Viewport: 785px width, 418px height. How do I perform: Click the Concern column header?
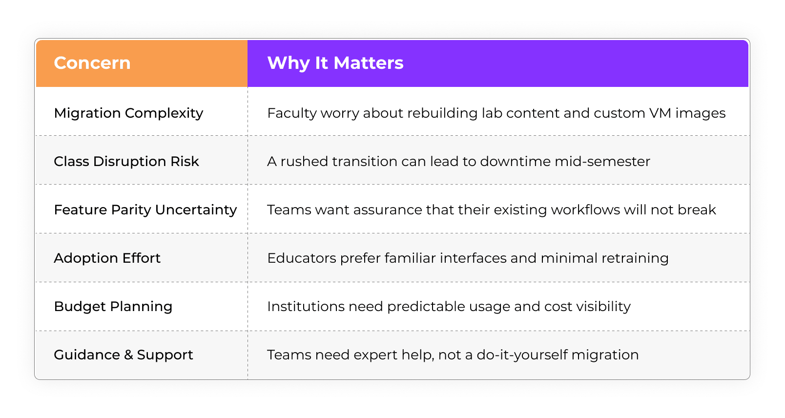[92, 63]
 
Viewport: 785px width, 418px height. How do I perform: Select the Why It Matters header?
[335, 63]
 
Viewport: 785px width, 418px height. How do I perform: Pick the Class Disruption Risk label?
[126, 162]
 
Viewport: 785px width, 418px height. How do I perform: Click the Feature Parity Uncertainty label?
[145, 210]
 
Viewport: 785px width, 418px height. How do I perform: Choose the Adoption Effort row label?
[107, 258]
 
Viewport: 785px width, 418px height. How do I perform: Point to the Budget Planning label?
[113, 307]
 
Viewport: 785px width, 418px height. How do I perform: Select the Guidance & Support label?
[124, 355]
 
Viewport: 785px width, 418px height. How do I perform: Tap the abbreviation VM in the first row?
[660, 113]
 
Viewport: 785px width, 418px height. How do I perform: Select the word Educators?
[302, 258]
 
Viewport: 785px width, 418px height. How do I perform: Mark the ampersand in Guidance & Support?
[128, 355]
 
